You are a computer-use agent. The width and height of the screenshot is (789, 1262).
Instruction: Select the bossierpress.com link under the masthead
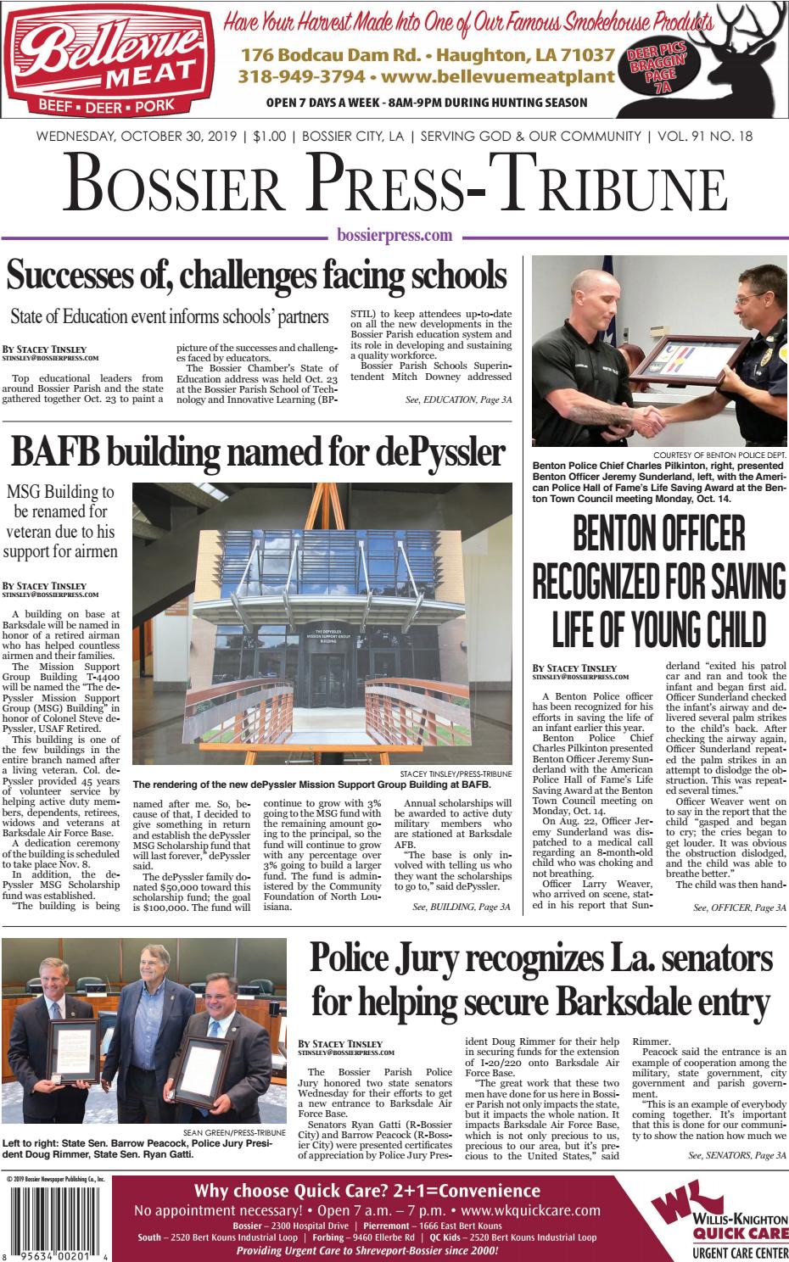pyautogui.click(x=394, y=236)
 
